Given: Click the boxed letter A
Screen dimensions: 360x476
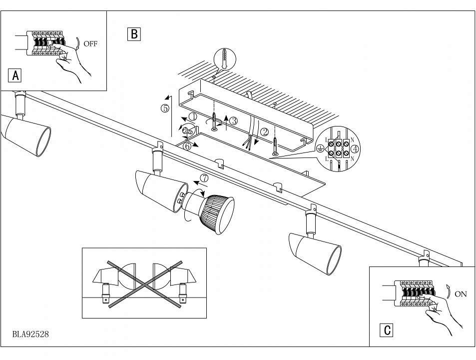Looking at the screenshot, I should click(x=15, y=76).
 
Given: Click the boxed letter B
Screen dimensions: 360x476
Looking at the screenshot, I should click(x=133, y=34).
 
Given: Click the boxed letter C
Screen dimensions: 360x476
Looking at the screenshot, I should click(x=386, y=330).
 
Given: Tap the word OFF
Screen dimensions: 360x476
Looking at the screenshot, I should click(x=91, y=43).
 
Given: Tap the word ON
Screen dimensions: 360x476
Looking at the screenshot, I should click(x=461, y=294).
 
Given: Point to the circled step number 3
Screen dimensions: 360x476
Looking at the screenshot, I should click(x=234, y=120).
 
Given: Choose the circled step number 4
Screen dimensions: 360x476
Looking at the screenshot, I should click(x=355, y=148).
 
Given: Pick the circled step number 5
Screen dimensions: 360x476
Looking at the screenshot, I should click(x=165, y=108).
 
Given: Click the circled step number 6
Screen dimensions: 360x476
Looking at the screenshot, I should click(x=186, y=146).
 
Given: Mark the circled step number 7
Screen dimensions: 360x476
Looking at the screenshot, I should click(x=203, y=178).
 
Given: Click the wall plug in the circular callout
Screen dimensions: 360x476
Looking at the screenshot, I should click(x=224, y=60).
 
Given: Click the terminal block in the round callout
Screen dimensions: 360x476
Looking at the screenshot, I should click(x=339, y=149).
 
